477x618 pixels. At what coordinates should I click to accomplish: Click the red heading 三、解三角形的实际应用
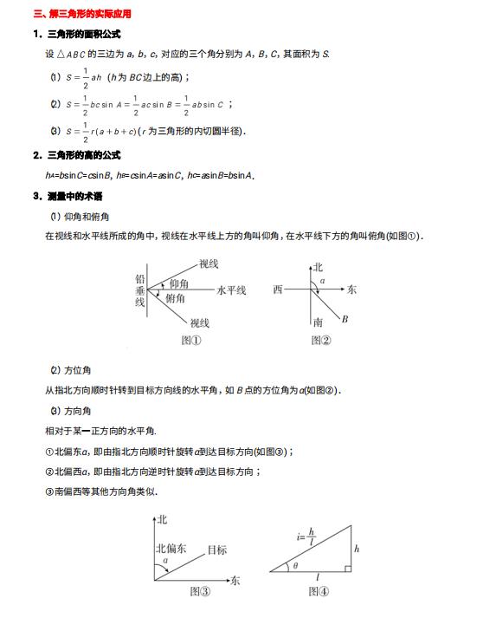(81, 15)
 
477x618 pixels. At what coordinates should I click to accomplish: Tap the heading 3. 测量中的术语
(70, 195)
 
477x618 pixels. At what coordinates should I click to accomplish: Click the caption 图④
(319, 593)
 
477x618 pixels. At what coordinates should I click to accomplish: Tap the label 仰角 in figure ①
(179, 283)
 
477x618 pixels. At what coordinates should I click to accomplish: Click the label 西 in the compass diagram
(277, 289)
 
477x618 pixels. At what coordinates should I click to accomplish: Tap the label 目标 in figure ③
(216, 550)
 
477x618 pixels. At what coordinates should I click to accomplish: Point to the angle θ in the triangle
(294, 565)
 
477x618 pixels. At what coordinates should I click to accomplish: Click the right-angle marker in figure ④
(346, 569)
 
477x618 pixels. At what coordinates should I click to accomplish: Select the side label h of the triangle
(357, 549)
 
